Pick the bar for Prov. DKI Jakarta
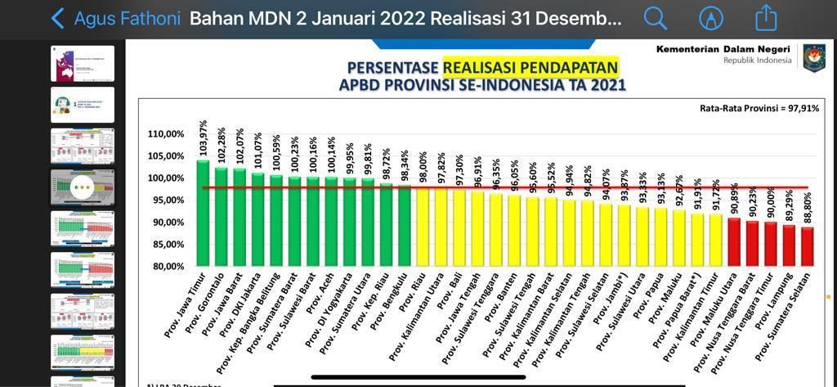(258, 218)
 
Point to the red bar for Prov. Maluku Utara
(734, 241)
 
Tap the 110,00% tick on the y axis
(166, 134)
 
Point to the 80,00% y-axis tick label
(166, 266)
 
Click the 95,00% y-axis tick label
(166, 200)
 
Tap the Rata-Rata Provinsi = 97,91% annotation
(759, 108)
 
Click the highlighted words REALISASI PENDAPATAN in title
(530, 67)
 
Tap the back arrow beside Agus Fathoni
(57, 18)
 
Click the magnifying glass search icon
(655, 18)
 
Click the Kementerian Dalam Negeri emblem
(814, 58)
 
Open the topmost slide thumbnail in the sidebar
(83, 64)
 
